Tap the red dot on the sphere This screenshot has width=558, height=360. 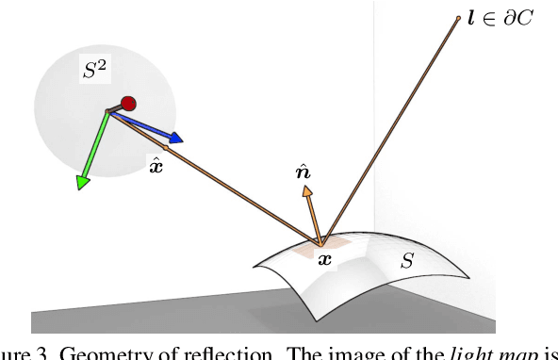129,104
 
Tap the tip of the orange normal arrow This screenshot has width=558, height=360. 305,189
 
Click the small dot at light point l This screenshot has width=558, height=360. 459,17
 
